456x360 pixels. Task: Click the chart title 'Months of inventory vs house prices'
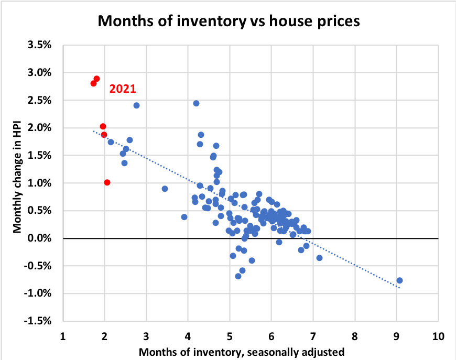tap(229, 21)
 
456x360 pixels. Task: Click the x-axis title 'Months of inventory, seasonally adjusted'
tap(243, 351)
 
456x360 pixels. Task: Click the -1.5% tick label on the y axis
tap(38, 321)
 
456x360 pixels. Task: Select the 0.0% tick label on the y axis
tap(39, 238)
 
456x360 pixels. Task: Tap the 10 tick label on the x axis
tap(438, 335)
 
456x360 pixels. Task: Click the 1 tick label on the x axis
tap(63, 335)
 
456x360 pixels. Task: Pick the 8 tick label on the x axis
tap(355, 335)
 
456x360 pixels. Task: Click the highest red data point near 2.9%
tap(96, 79)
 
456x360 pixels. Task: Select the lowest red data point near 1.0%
tap(107, 182)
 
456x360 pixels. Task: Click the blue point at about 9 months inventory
tap(399, 280)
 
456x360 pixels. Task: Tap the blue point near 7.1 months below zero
tap(319, 258)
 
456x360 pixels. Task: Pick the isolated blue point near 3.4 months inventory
tap(165, 189)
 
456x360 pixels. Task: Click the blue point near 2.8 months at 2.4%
tap(136, 105)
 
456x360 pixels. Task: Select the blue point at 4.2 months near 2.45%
tap(196, 103)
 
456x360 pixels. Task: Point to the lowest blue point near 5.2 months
tap(238, 276)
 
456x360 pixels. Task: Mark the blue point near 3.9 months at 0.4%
tap(184, 217)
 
